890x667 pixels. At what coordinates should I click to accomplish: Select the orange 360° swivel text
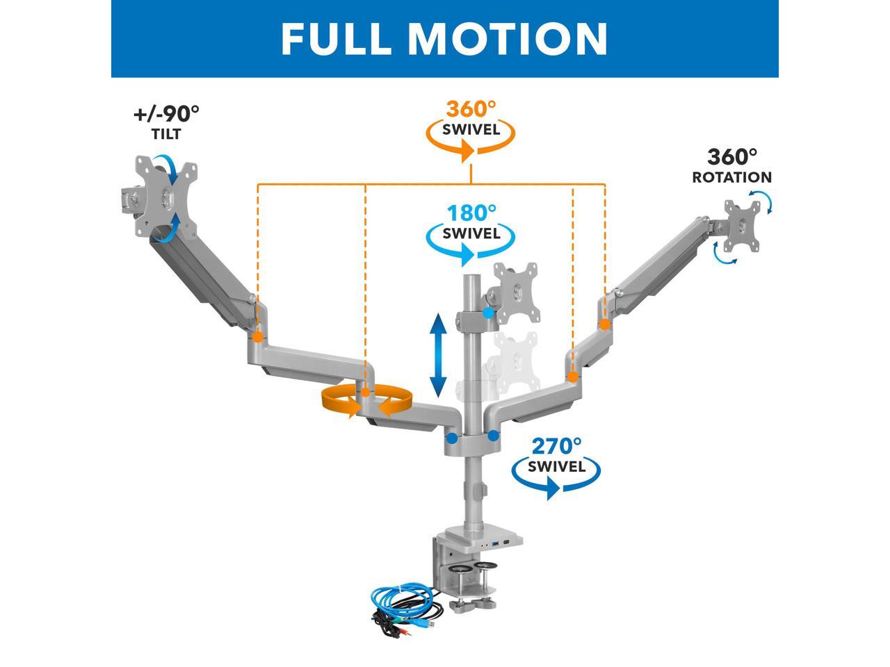(x=471, y=110)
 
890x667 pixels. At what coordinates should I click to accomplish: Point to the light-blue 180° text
(x=471, y=213)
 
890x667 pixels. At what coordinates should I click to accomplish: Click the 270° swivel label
(x=556, y=445)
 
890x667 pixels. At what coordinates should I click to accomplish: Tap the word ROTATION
(x=731, y=177)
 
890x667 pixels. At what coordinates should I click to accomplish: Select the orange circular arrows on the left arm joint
(x=366, y=402)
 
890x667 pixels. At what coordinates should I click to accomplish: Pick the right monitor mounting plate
(x=743, y=225)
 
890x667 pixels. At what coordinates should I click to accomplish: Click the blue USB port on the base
(x=486, y=543)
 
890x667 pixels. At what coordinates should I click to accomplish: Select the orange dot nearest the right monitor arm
(x=605, y=324)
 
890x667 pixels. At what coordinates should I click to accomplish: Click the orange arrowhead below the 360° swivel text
(x=469, y=151)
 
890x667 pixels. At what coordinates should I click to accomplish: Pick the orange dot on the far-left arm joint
(x=258, y=338)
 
